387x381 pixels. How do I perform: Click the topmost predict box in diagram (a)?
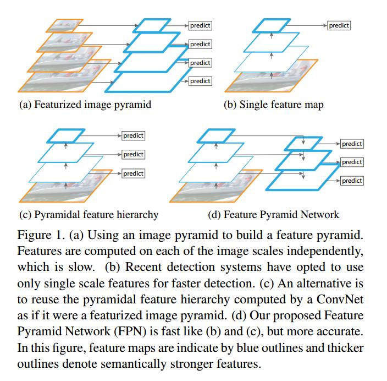pyautogui.click(x=200, y=25)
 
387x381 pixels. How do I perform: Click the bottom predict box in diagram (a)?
pyautogui.click(x=200, y=81)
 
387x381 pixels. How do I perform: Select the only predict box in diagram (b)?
pyautogui.click(x=339, y=25)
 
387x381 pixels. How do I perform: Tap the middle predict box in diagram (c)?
pyautogui.click(x=133, y=155)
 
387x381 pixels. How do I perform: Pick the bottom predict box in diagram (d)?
pyautogui.click(x=352, y=181)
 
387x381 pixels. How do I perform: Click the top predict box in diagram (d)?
pyautogui.click(x=352, y=144)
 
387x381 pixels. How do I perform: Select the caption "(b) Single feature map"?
pyautogui.click(x=273, y=105)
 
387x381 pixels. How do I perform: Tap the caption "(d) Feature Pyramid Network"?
pyautogui.click(x=274, y=215)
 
